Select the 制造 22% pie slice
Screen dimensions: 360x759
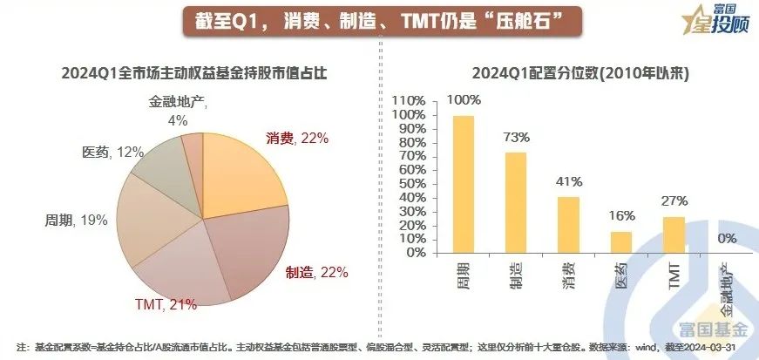(x=253, y=244)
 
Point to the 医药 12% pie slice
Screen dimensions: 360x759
(x=161, y=166)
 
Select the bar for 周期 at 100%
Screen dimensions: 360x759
(x=463, y=184)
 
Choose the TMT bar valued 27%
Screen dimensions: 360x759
(x=674, y=234)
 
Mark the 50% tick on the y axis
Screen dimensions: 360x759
(x=411, y=183)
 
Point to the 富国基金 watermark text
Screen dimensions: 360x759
(x=713, y=328)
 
